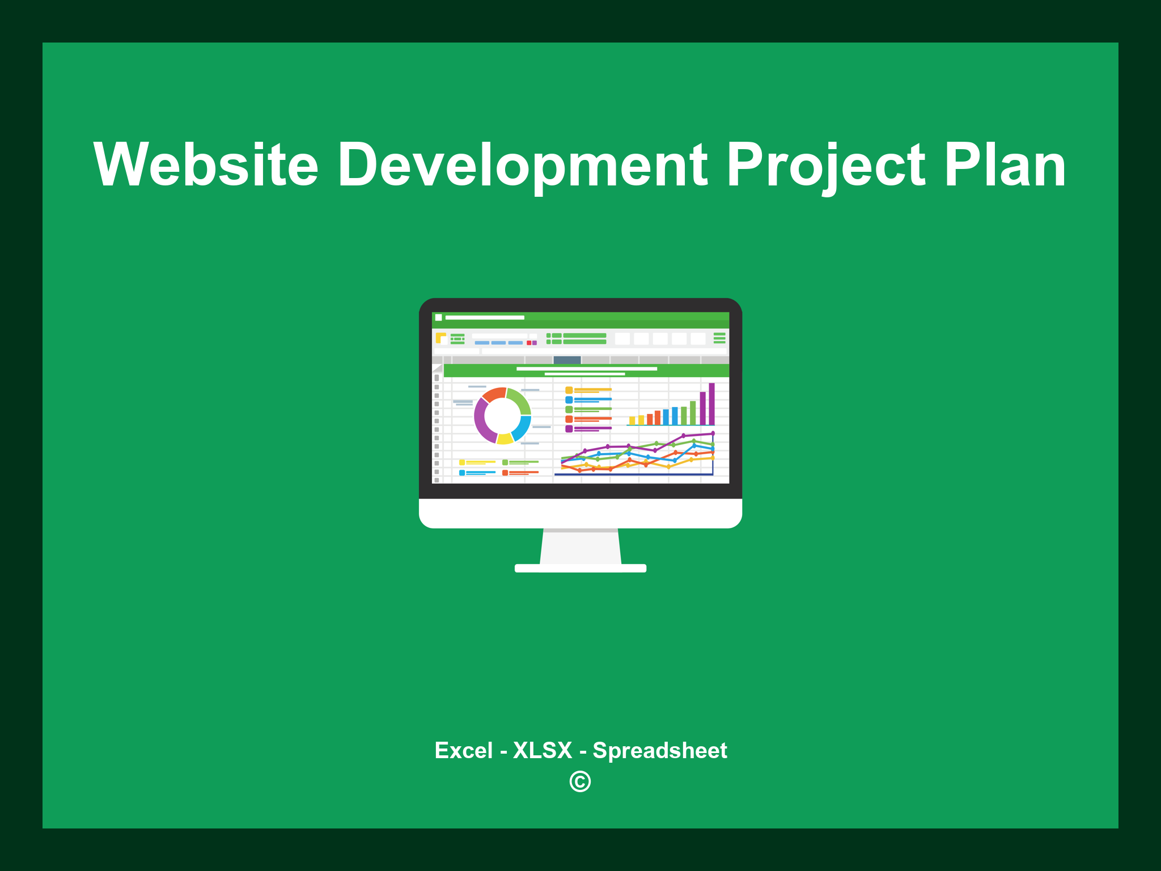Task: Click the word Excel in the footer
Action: pyautogui.click(x=463, y=750)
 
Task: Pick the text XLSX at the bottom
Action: pyautogui.click(x=542, y=750)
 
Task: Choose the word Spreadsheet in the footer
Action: pyautogui.click(x=659, y=750)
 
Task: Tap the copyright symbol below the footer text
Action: pyautogui.click(x=580, y=781)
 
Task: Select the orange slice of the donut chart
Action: pyautogui.click(x=493, y=394)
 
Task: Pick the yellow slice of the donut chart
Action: pyautogui.click(x=505, y=438)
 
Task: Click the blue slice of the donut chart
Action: pyautogui.click(x=522, y=428)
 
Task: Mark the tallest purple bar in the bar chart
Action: pyautogui.click(x=711, y=403)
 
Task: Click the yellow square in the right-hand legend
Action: pyautogui.click(x=569, y=390)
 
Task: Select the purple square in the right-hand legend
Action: pyautogui.click(x=569, y=429)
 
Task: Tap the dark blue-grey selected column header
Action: pyautogui.click(x=567, y=360)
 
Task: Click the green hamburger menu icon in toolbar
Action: pyautogui.click(x=719, y=338)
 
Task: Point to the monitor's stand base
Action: pyautogui.click(x=580, y=568)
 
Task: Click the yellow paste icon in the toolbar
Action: pyautogui.click(x=440, y=338)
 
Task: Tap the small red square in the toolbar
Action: pyautogui.click(x=529, y=343)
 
